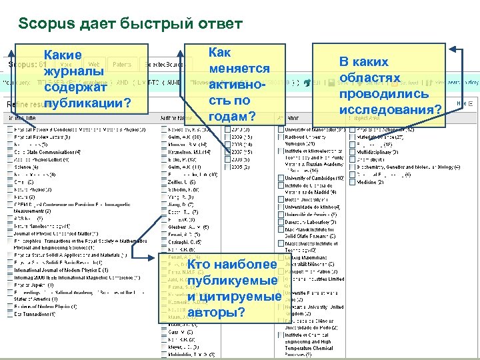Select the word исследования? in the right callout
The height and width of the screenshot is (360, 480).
point(390,109)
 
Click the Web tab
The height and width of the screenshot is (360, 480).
point(95,65)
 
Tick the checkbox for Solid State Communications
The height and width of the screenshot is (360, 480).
point(10,153)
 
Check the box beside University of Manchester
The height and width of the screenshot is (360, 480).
point(281,129)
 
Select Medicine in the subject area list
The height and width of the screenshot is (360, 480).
point(367,182)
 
